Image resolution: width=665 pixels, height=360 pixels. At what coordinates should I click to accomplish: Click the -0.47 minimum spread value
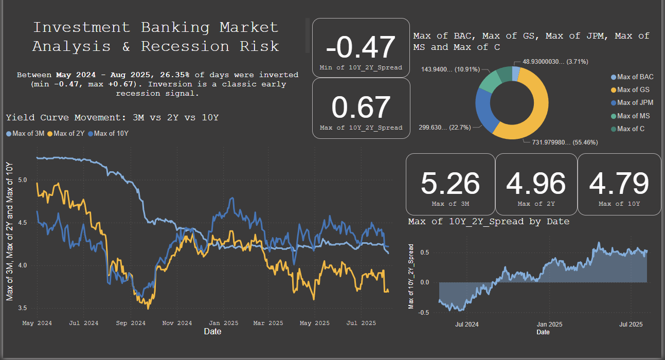(361, 47)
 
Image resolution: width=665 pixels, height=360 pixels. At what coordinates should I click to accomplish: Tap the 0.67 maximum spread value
(361, 107)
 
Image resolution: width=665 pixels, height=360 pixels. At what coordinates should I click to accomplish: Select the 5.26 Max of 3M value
(450, 184)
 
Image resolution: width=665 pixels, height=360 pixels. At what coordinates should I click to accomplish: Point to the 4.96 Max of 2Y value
(535, 184)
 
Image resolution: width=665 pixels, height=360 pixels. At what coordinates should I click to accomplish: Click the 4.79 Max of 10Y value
(619, 184)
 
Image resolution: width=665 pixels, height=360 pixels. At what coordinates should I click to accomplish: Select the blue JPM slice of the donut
(484, 107)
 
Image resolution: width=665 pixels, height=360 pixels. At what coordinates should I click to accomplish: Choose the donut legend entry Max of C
(631, 129)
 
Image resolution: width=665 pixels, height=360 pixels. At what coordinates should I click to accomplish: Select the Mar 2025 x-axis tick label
(268, 323)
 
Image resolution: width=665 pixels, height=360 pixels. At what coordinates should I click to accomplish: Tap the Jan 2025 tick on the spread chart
(549, 325)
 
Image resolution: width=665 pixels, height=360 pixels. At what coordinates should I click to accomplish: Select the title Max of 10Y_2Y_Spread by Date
(489, 221)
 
